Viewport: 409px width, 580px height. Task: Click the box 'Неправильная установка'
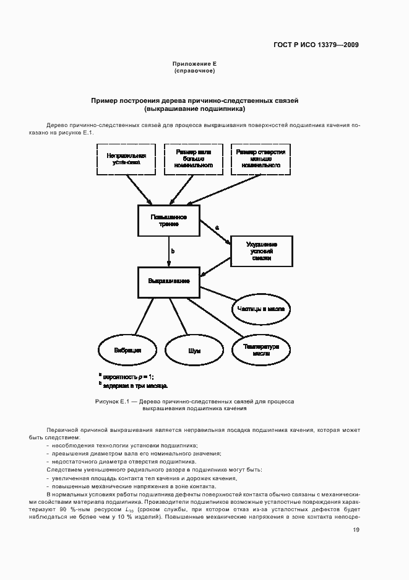(126, 159)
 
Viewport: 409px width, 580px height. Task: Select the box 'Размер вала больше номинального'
(194, 159)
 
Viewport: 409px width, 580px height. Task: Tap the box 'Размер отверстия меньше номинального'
(261, 159)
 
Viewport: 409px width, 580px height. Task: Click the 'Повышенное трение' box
(168, 221)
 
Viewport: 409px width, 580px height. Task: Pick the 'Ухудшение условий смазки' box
(261, 251)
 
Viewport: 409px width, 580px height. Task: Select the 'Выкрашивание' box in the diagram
(168, 281)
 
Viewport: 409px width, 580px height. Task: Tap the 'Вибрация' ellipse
(127, 350)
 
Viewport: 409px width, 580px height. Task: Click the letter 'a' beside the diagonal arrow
(217, 228)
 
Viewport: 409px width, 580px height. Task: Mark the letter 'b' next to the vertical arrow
(173, 251)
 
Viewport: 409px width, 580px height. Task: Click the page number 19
(356, 530)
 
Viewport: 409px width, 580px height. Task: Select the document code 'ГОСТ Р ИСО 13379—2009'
(316, 45)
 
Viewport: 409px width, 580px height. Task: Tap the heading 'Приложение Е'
(194, 64)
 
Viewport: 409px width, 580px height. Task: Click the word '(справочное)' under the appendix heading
(194, 71)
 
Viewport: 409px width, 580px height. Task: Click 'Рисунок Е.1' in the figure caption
(111, 402)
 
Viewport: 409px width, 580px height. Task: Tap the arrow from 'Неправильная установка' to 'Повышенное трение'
(139, 188)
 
